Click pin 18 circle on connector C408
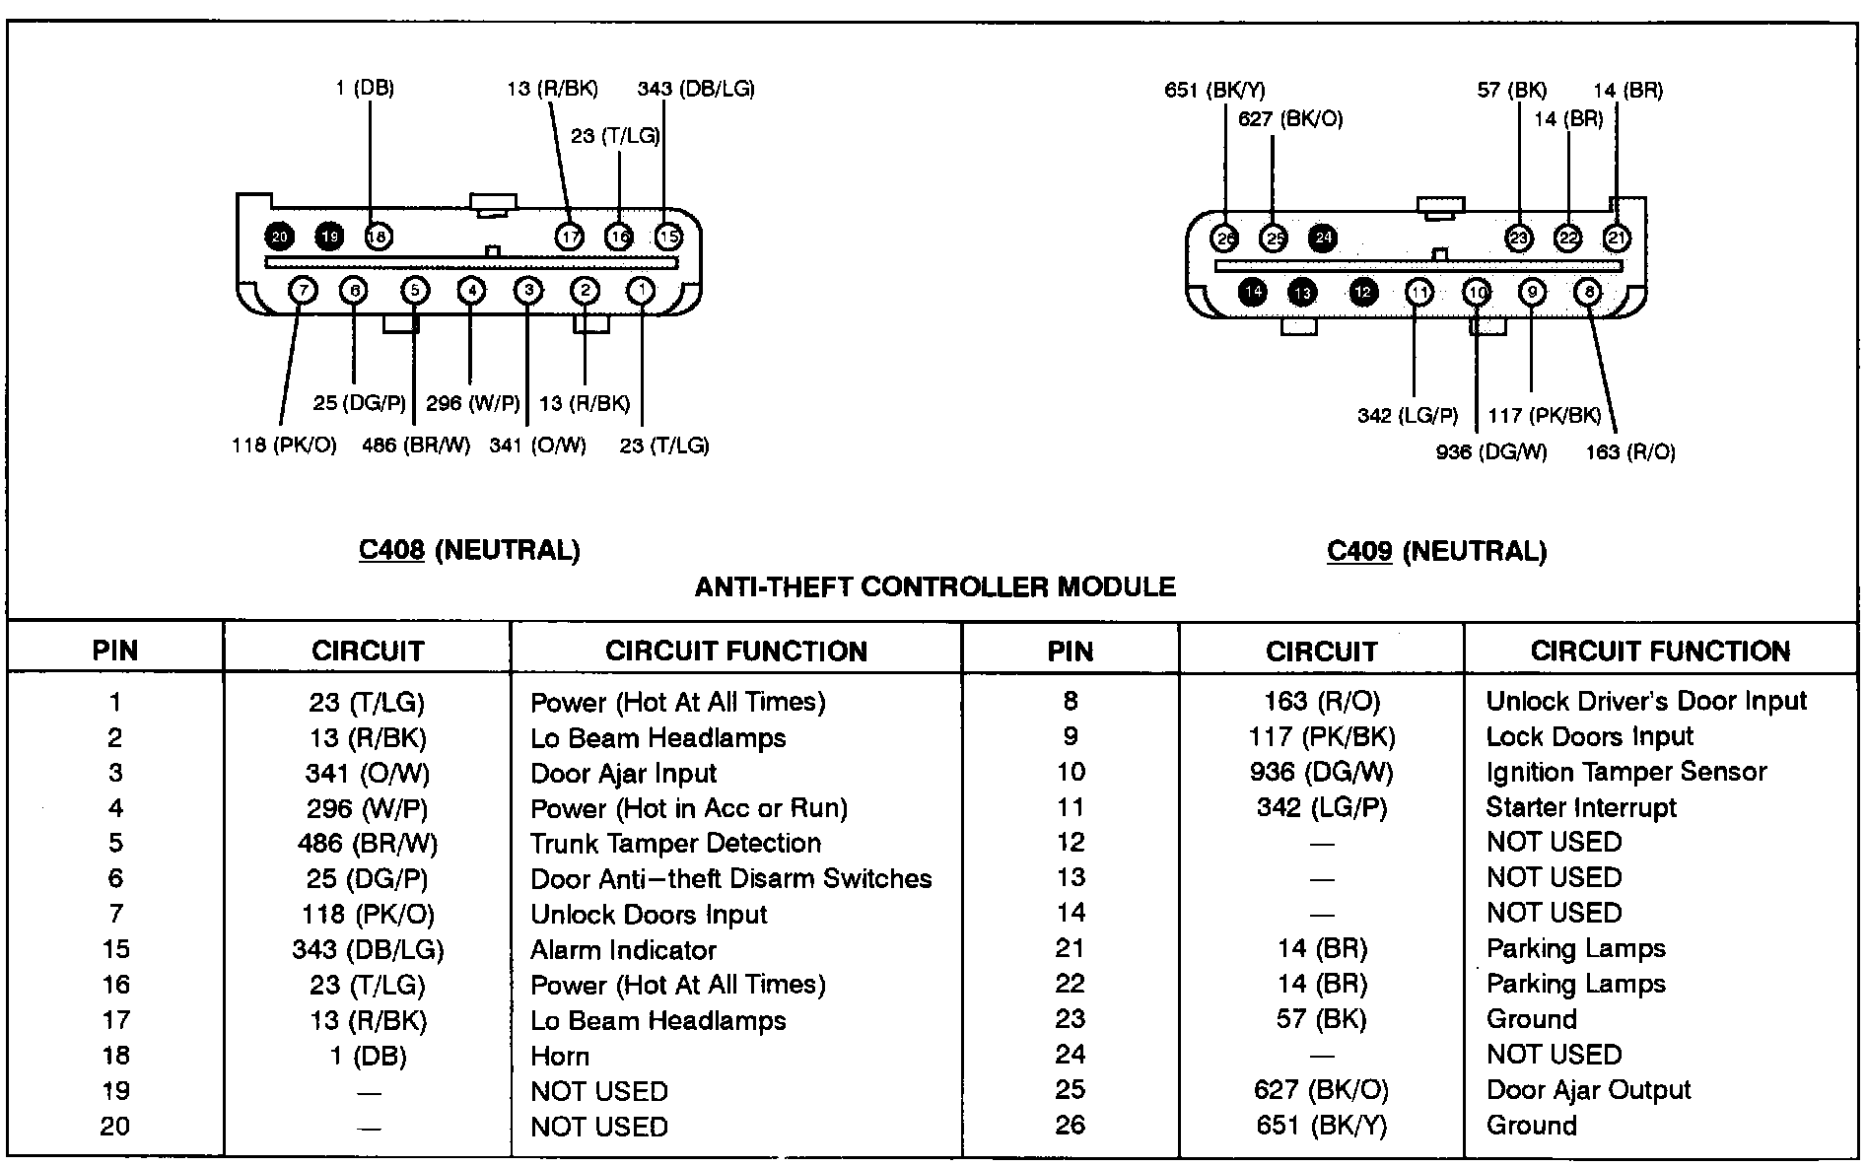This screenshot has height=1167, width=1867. (x=378, y=237)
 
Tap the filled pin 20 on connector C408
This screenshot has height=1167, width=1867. (x=280, y=237)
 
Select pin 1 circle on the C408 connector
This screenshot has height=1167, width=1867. (x=642, y=290)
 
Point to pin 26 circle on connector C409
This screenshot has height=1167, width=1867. (x=1226, y=239)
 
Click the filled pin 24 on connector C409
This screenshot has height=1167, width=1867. (x=1323, y=239)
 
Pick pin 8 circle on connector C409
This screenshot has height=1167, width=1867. (x=1588, y=292)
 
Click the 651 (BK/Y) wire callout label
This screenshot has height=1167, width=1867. (x=1214, y=91)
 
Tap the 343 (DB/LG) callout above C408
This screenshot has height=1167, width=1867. (x=696, y=89)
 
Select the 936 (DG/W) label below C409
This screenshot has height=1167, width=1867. (x=1491, y=452)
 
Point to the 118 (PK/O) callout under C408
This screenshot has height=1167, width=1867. (x=284, y=446)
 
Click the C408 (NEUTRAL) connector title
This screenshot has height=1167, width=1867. (x=469, y=550)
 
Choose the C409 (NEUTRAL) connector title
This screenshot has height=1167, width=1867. (x=1436, y=551)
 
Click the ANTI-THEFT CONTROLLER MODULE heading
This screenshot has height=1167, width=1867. (x=934, y=587)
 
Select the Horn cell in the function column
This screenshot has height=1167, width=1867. (x=560, y=1056)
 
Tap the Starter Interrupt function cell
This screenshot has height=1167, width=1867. (x=1580, y=807)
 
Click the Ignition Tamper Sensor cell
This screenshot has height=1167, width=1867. (x=1625, y=772)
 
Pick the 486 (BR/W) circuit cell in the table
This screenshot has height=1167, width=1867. (x=367, y=844)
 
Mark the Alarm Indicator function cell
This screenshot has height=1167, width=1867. (x=623, y=950)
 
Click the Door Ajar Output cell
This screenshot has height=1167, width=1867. (x=1588, y=1089)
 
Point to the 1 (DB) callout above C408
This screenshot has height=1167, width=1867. (x=365, y=89)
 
